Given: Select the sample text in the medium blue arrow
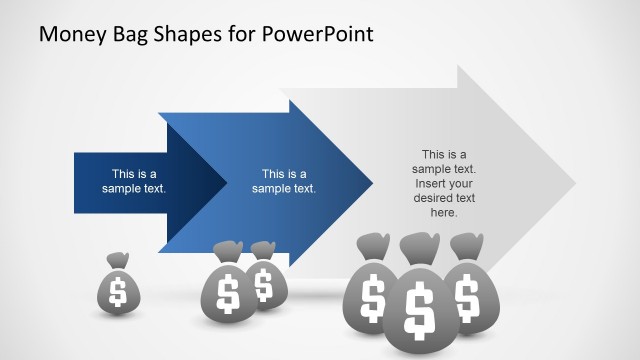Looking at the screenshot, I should click(x=284, y=180).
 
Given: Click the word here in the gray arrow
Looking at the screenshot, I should click(x=443, y=213).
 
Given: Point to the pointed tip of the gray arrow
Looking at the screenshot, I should click(x=576, y=182).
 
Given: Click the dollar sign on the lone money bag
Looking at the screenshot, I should click(x=118, y=292).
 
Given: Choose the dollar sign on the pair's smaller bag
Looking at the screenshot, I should click(x=264, y=285).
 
